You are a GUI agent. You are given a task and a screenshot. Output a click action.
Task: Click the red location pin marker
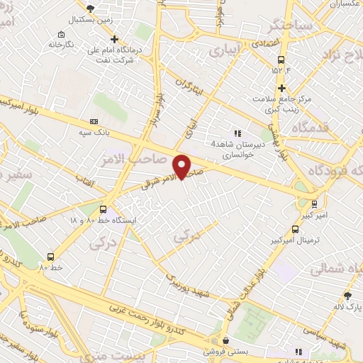(x=182, y=167)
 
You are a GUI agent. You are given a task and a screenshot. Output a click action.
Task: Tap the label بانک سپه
(x=93, y=133)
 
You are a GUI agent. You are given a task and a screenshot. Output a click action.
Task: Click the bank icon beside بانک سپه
(x=93, y=122)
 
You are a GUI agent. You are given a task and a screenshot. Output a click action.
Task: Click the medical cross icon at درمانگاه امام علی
(x=113, y=39)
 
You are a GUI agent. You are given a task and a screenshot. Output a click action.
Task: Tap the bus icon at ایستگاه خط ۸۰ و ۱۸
(x=104, y=209)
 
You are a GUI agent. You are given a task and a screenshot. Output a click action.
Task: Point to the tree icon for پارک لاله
(x=347, y=296)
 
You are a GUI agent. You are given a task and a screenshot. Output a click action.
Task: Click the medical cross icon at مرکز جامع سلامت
(x=282, y=89)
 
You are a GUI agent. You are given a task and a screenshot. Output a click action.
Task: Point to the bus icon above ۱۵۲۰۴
(x=281, y=60)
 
